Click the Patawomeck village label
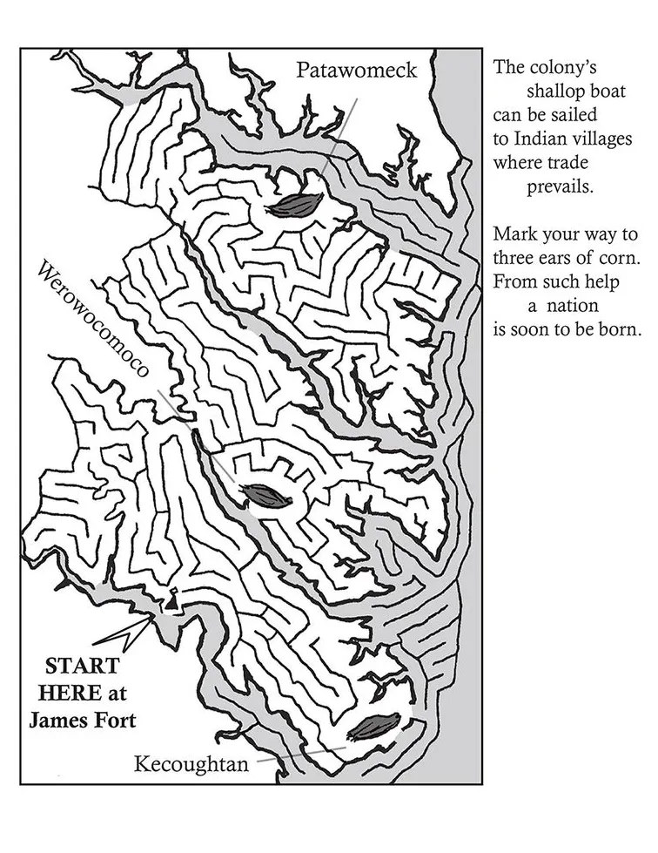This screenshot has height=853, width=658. coord(357,70)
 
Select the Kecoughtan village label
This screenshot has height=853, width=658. coord(191,765)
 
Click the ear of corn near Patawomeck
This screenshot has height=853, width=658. coord(295,204)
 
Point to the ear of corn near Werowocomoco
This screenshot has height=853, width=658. coord(266,496)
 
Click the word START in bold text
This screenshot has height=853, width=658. coord(83,667)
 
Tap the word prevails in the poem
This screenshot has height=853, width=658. coord(560,186)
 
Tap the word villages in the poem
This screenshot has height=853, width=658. coord(603,139)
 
